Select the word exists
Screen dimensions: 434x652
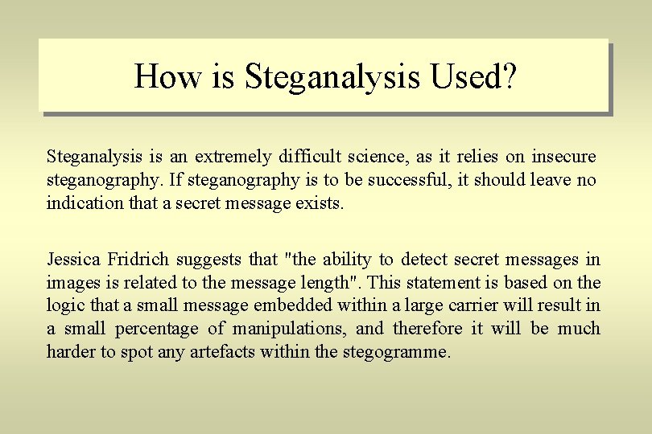click(321, 203)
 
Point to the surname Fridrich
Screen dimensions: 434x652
click(142, 259)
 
